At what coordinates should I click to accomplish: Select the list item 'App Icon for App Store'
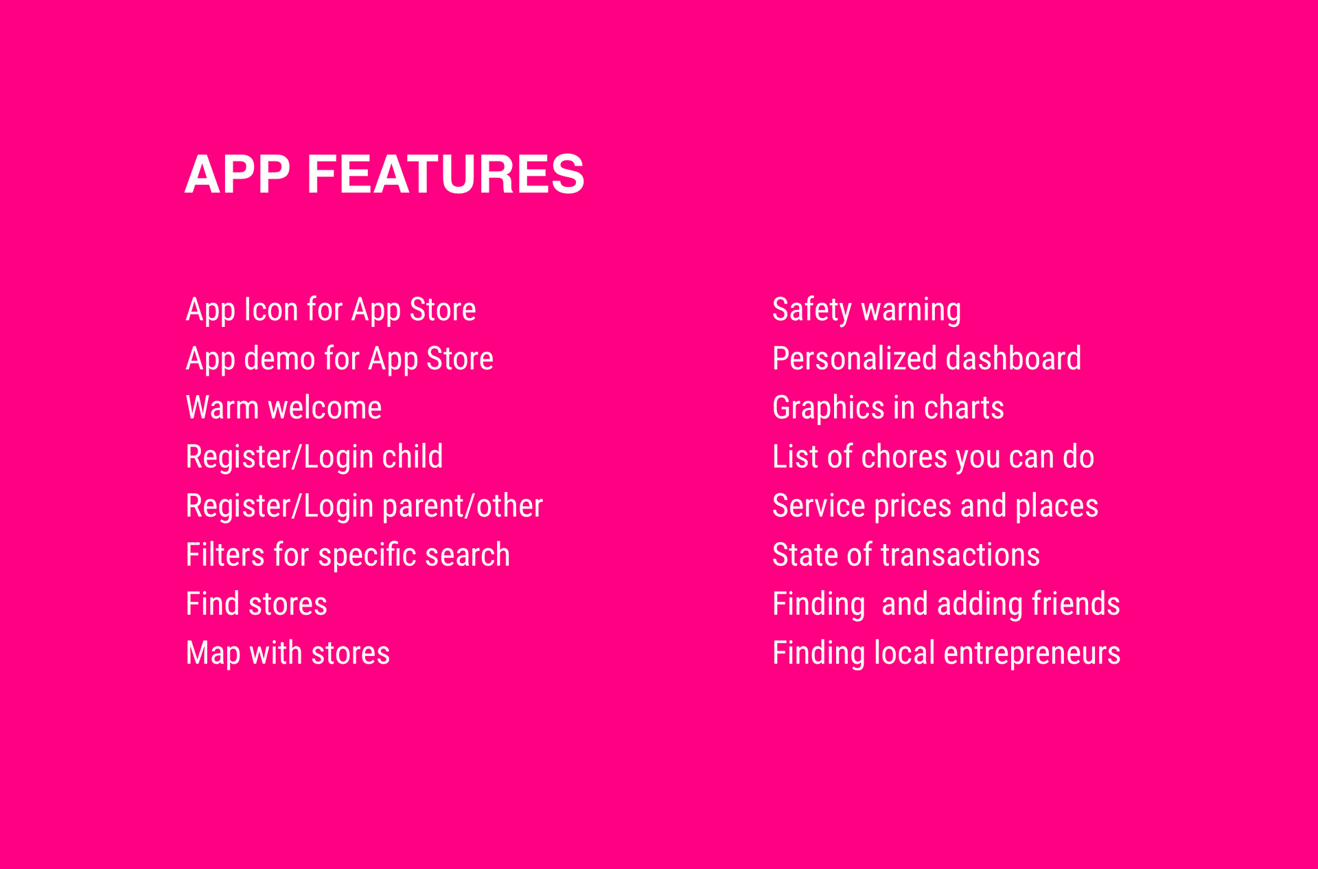point(331,310)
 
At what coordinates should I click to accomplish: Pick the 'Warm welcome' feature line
point(284,408)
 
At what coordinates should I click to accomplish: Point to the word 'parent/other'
point(462,507)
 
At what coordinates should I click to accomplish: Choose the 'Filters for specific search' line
point(348,555)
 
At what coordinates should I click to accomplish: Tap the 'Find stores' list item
point(257,605)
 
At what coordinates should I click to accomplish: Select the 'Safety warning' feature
point(866,310)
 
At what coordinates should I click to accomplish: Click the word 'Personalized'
point(855,359)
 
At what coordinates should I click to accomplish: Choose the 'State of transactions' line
point(906,555)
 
